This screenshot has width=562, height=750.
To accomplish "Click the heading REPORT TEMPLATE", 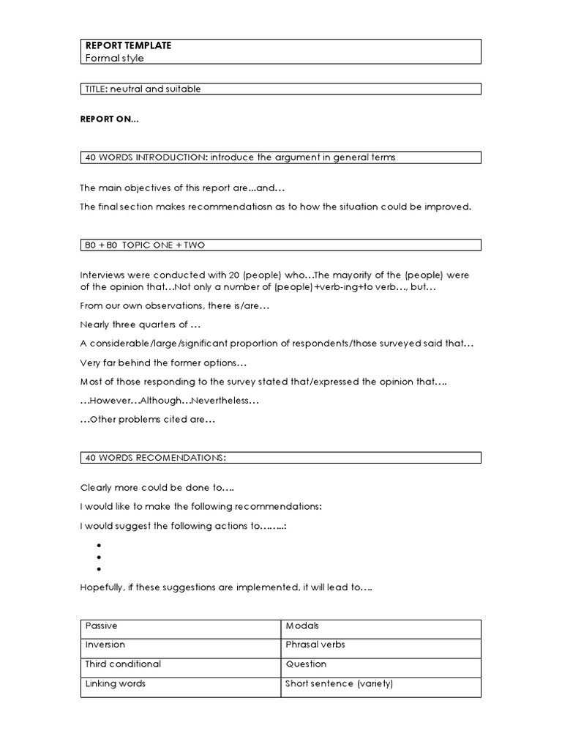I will coord(128,45).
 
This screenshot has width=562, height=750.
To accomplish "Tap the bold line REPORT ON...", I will coord(109,119).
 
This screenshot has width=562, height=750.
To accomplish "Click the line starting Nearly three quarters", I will coord(140,324).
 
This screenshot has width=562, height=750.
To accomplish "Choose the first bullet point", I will coord(98,545).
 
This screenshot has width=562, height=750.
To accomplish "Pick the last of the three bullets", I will coord(98,568).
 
